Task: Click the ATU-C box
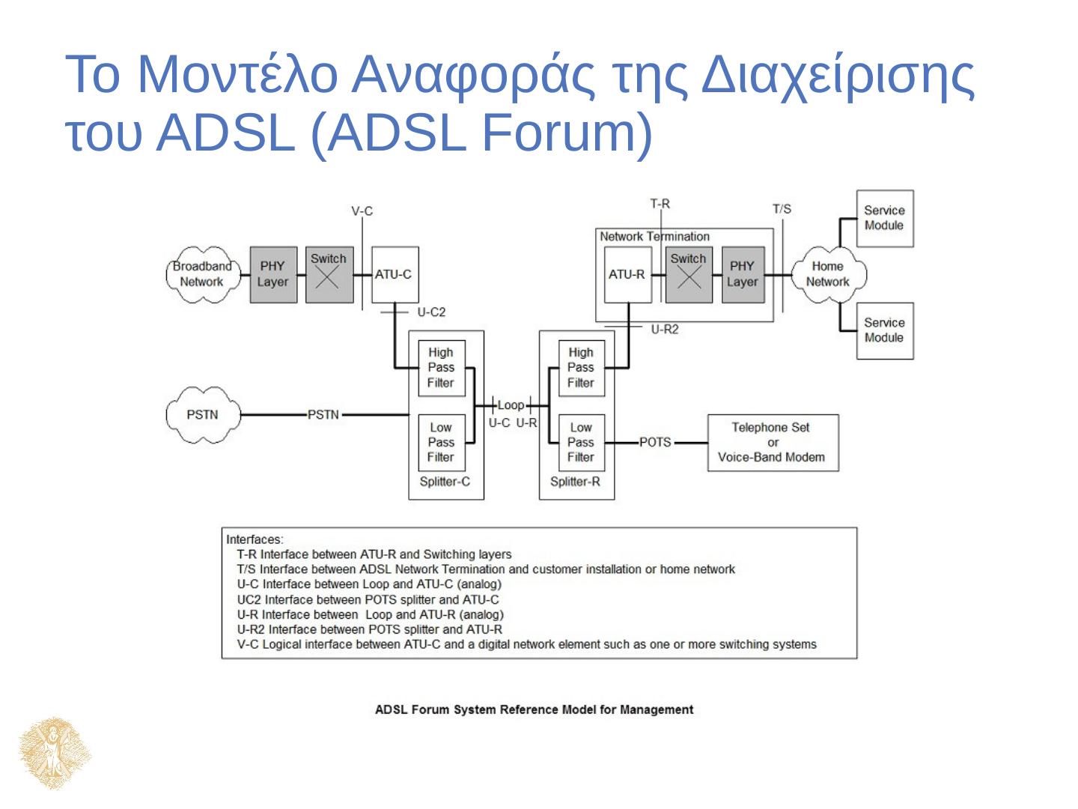395,274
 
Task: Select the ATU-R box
627,274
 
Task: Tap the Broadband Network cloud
201,274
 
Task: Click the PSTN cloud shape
202,414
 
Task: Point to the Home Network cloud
827,274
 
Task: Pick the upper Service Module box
884,218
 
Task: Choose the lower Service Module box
884,330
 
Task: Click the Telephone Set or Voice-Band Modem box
773,442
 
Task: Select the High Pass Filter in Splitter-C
441,368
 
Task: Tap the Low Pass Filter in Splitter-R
580,442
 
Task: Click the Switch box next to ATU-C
329,274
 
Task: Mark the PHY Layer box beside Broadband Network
272,274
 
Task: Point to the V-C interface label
362,211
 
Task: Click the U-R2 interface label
664,329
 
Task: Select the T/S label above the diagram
782,209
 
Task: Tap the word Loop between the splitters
511,405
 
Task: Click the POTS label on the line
655,442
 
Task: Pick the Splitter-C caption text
445,482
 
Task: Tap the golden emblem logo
55,753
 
